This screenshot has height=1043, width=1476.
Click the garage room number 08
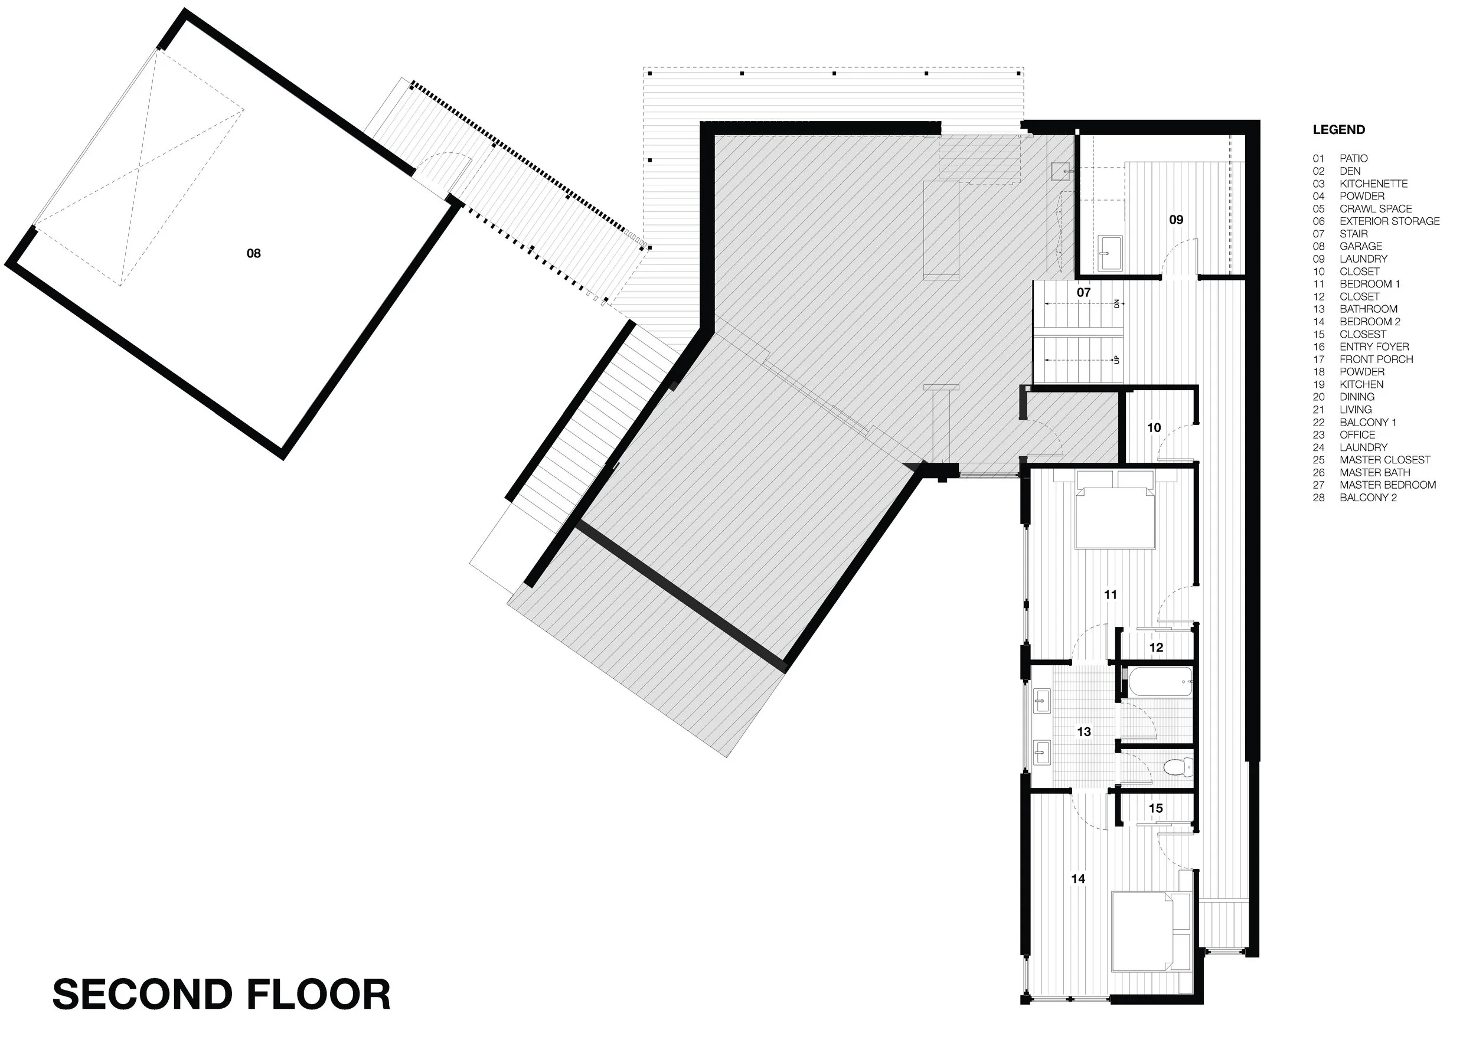(254, 253)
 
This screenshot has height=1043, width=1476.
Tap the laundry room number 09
(1176, 220)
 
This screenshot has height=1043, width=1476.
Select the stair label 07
(1084, 292)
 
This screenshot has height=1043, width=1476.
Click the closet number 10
(1154, 427)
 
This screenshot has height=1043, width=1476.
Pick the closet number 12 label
(1156, 648)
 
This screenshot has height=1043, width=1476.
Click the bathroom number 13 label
(1084, 731)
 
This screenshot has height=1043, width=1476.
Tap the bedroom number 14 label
(1078, 878)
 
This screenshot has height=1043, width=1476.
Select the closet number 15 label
(1156, 809)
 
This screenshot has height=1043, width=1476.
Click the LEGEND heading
(1338, 130)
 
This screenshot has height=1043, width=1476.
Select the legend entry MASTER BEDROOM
(1388, 485)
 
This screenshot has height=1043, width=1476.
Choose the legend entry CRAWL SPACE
(1376, 209)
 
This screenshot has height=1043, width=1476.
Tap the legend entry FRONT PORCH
(1376, 359)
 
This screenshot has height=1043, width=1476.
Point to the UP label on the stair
(1116, 360)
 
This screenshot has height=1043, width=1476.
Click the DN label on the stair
(1116, 303)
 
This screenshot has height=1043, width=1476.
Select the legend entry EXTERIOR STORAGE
(1390, 221)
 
